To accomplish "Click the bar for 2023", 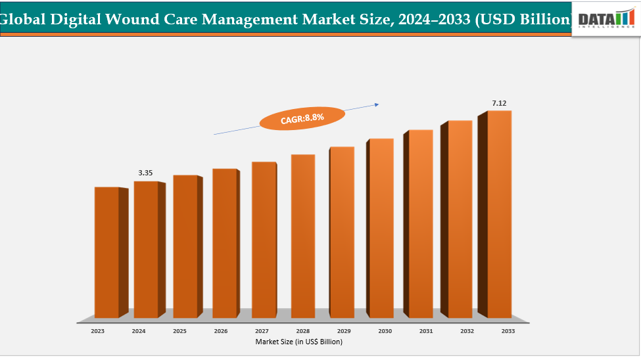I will click(107, 253).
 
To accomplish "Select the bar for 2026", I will click(224, 243).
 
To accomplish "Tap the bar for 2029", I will click(342, 233).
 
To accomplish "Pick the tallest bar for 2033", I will click(499, 214).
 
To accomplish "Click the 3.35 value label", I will click(145, 173).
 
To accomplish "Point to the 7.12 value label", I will click(500, 103).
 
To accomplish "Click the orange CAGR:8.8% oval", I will click(302, 119).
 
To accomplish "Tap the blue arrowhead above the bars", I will click(377, 103).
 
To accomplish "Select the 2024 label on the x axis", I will click(139, 332).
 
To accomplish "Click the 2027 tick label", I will click(262, 332).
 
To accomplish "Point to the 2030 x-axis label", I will click(385, 332).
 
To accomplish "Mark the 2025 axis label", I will click(179, 332).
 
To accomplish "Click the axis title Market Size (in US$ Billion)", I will click(299, 342).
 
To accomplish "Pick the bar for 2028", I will click(302, 236).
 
